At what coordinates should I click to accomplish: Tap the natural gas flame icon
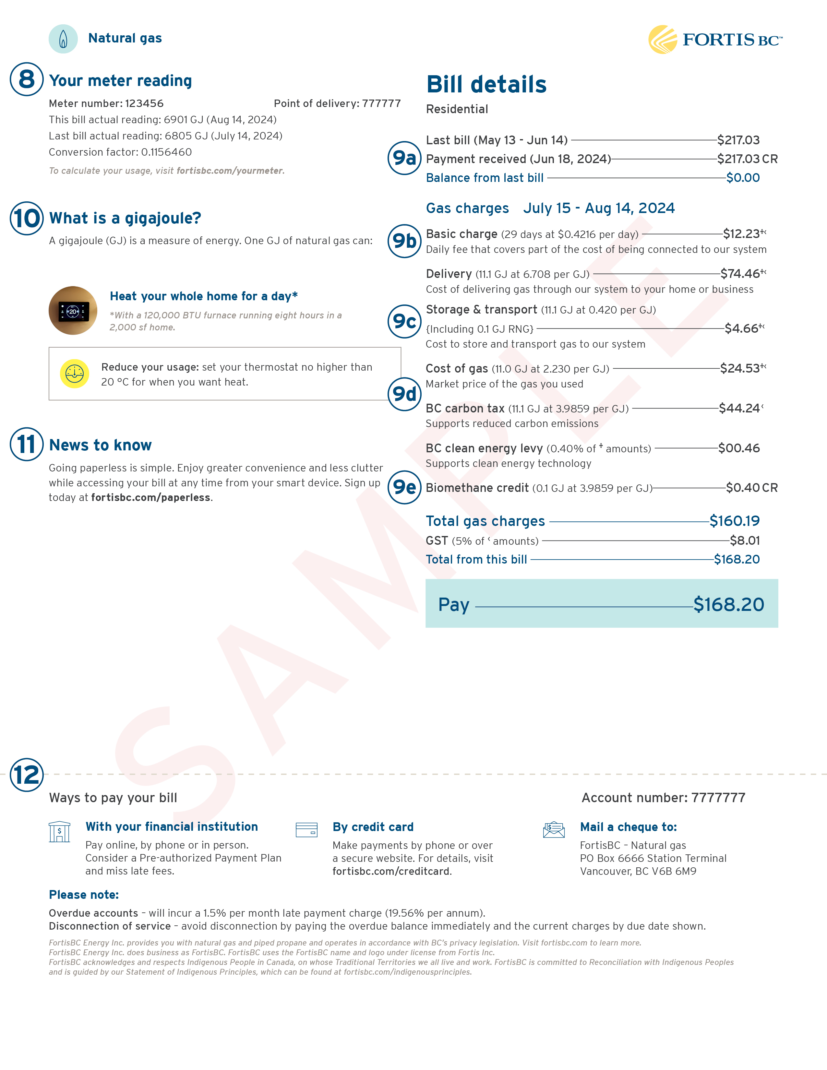click(63, 39)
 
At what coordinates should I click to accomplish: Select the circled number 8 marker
click(27, 79)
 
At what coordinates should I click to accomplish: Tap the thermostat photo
click(73, 311)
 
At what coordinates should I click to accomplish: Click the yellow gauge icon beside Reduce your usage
click(75, 374)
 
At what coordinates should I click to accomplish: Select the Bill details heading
click(486, 84)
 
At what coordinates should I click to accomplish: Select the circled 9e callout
click(404, 487)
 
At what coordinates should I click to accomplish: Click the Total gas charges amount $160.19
click(734, 521)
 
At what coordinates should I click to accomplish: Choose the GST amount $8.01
click(744, 541)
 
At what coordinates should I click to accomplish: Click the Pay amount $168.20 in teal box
click(728, 605)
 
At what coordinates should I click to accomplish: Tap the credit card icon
click(307, 830)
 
